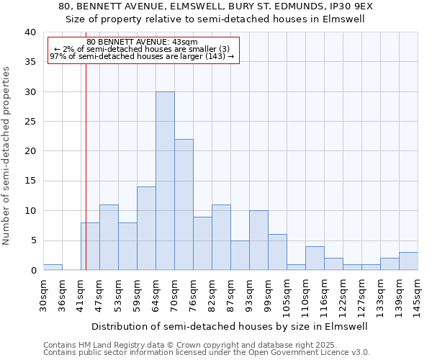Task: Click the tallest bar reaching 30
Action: (165, 181)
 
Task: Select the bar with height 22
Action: (184, 204)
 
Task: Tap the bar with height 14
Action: (146, 228)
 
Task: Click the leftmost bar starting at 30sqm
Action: (53, 267)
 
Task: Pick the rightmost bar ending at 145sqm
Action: (408, 261)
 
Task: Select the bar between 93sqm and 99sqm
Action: (258, 240)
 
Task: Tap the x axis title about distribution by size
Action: (230, 326)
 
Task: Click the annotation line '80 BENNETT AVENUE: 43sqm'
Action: (142, 42)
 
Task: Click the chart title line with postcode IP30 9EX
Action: (216, 6)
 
